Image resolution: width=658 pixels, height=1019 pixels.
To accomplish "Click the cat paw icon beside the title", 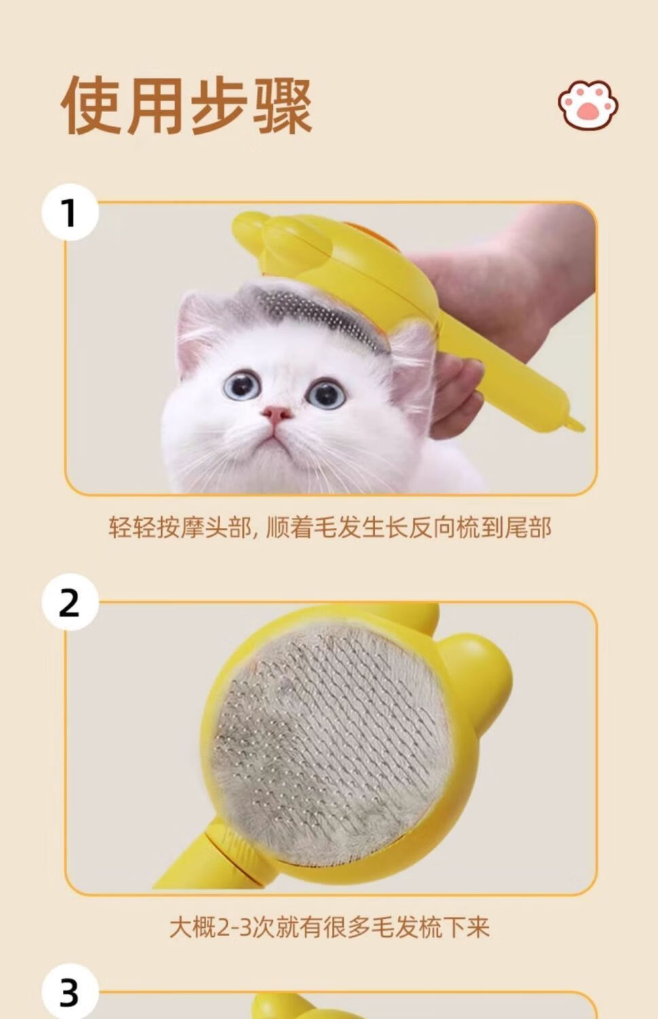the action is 588,105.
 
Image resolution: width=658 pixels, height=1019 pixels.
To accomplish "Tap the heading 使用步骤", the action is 187,105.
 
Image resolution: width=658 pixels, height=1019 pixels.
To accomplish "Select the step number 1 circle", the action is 70,212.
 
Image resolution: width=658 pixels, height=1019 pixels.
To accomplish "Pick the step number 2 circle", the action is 70,603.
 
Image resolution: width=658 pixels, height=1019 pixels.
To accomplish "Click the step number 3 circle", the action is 70,993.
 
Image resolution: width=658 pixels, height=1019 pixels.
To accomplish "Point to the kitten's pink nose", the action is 276,413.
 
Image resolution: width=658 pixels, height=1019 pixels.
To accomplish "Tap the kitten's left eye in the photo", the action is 242,386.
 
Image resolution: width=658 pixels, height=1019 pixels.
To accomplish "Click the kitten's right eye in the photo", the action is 326,394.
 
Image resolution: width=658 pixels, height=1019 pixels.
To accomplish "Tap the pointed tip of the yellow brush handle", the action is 577,425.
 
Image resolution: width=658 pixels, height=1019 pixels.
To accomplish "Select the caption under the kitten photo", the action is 330,528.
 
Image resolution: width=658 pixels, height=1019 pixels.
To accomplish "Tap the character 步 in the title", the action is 218,105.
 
